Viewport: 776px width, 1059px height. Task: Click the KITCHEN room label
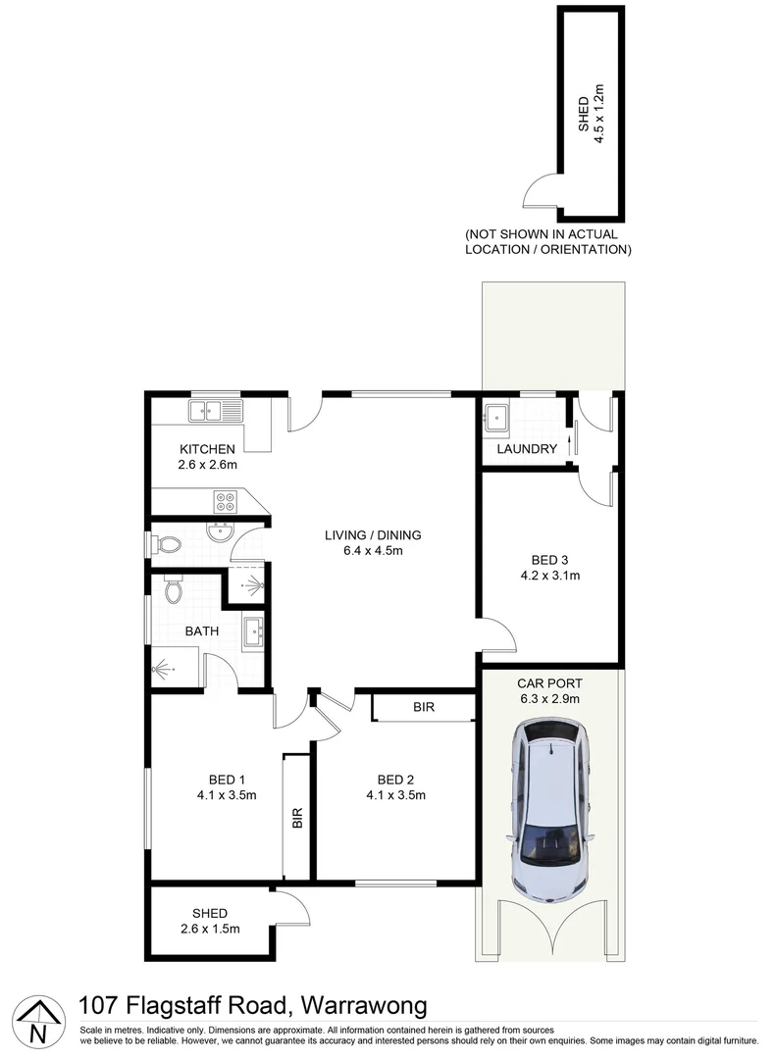coord(207,449)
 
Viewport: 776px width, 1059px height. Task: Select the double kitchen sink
coord(216,411)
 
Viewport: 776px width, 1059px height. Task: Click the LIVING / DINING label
coord(373,535)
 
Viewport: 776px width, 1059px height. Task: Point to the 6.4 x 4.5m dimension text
coord(373,551)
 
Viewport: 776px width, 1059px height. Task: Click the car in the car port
coord(549,812)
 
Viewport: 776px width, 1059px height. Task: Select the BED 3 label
coord(549,561)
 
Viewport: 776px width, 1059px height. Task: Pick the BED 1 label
coord(226,780)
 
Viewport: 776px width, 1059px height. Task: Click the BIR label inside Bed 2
coord(424,707)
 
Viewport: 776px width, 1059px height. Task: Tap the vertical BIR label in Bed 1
coord(297,818)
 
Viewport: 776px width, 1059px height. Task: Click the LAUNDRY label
coord(527,449)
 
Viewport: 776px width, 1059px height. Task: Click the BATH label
coord(202,631)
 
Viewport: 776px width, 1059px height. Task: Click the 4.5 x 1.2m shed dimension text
coord(600,116)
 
